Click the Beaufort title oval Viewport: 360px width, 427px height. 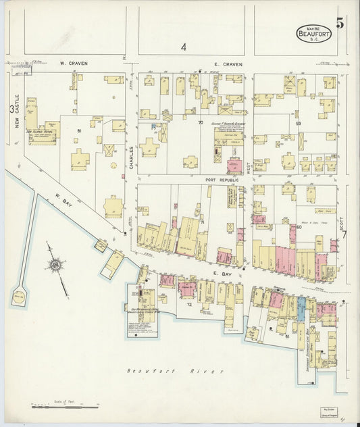coord(313,32)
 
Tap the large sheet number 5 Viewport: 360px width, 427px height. coord(340,23)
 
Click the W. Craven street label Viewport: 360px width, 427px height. coord(73,63)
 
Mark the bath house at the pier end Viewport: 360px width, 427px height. coord(18,297)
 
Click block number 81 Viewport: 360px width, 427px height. coord(79,130)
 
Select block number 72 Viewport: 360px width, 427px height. coord(189,305)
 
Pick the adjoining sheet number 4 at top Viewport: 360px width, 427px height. coord(182,47)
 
